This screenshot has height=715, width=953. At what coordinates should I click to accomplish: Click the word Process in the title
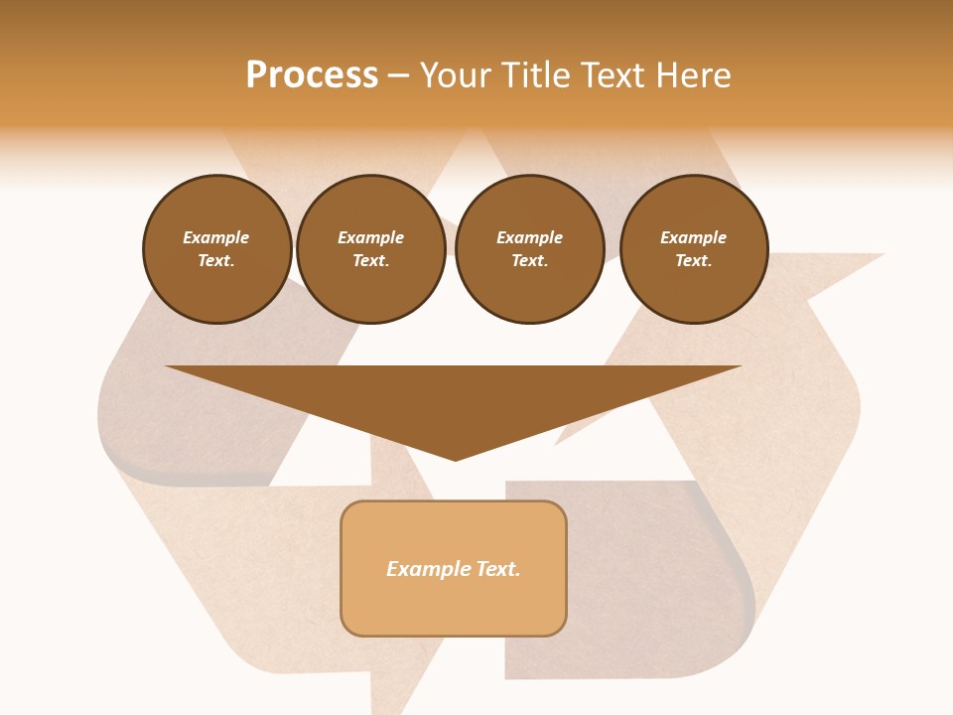(x=312, y=75)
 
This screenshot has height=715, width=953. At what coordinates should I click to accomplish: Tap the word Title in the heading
(x=531, y=75)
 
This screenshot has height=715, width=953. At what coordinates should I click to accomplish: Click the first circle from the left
(x=216, y=249)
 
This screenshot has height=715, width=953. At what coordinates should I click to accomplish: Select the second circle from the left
(x=370, y=249)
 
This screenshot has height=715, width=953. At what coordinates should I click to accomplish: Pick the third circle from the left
(x=529, y=249)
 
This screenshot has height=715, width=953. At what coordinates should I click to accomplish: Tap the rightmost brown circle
(x=693, y=249)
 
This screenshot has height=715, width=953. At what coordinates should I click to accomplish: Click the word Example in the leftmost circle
(x=216, y=237)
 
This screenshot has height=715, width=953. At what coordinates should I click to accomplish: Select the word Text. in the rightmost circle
(x=693, y=261)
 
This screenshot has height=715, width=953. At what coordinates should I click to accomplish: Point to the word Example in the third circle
(x=529, y=237)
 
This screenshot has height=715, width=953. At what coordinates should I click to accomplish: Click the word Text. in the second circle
(x=370, y=261)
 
